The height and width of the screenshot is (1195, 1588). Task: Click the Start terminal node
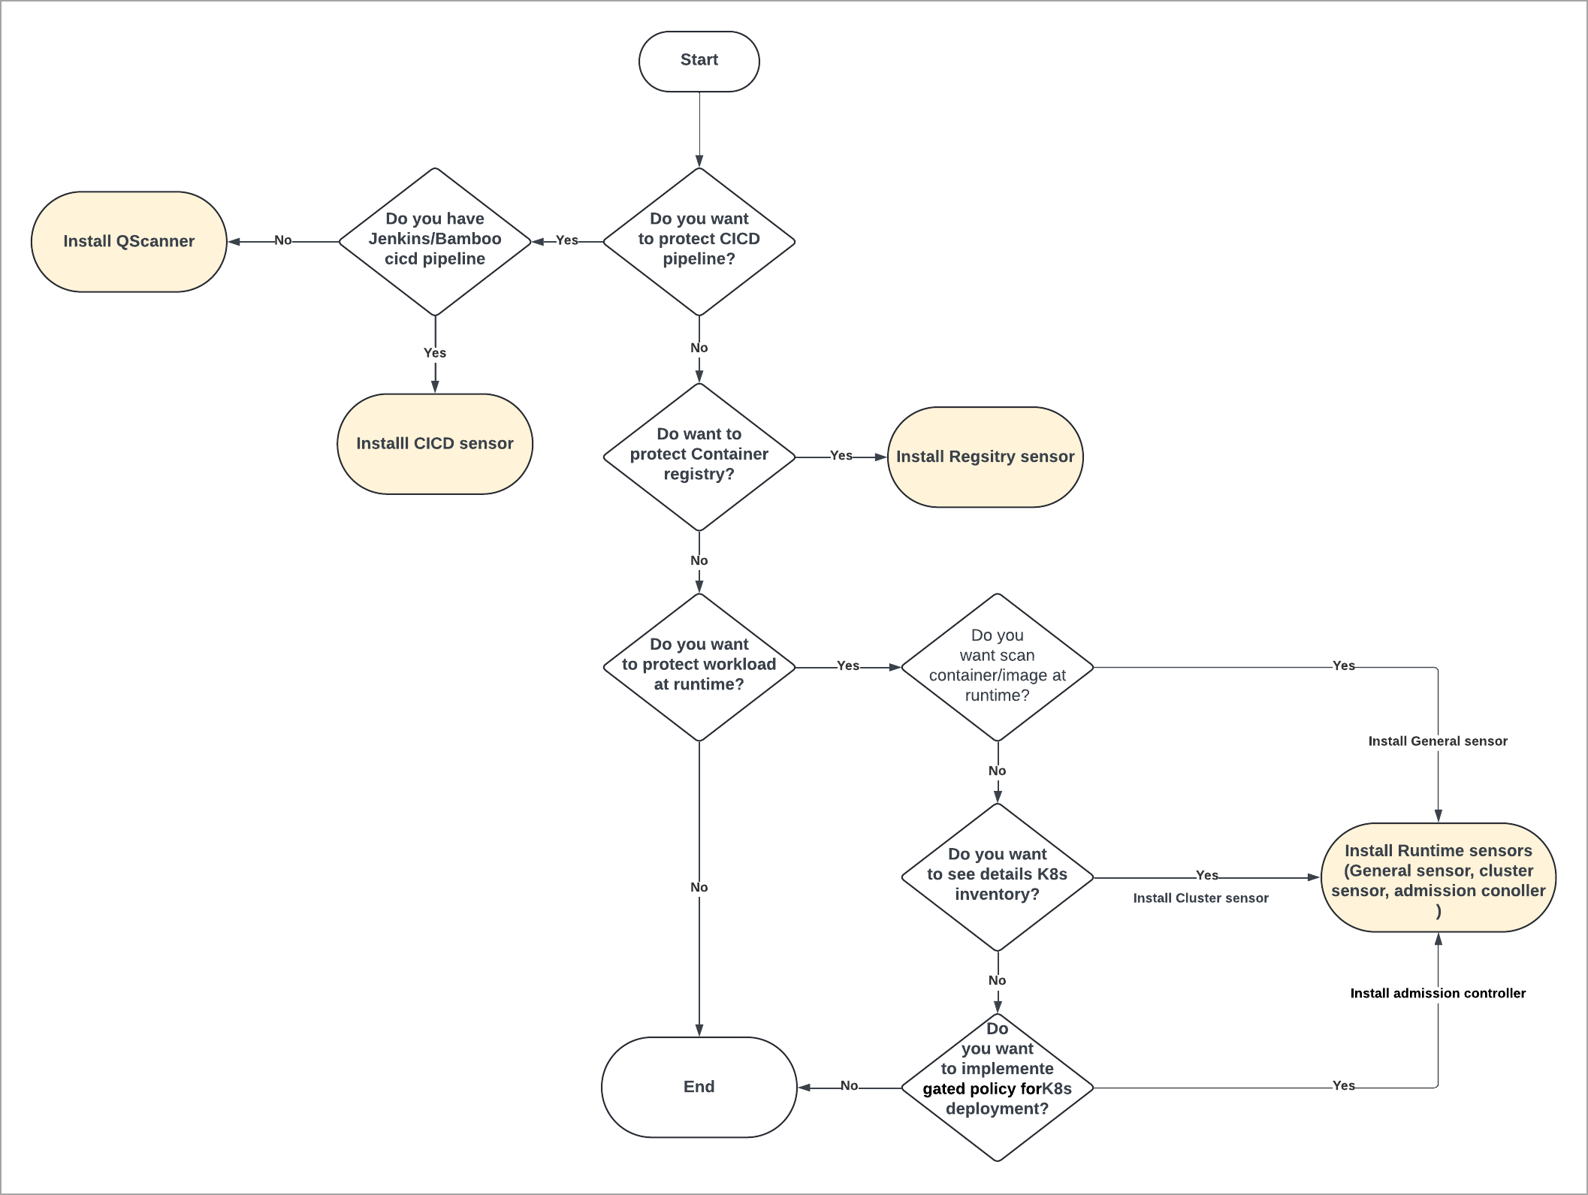pyautogui.click(x=699, y=61)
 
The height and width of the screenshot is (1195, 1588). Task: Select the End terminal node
pyautogui.click(x=699, y=1087)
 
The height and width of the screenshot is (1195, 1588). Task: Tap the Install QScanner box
pyautogui.click(x=128, y=241)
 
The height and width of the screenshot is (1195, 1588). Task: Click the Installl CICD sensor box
pyautogui.click(x=435, y=444)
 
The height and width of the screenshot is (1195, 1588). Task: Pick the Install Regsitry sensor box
pyautogui.click(x=985, y=457)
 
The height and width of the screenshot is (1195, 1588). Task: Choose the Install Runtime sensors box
pyautogui.click(x=1438, y=877)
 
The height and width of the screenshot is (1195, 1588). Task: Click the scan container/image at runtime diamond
pyautogui.click(x=997, y=666)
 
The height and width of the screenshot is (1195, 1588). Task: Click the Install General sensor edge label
pyautogui.click(x=1437, y=741)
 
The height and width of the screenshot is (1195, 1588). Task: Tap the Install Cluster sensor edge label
pyautogui.click(x=1200, y=898)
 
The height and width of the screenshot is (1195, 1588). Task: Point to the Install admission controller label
pyautogui.click(x=1437, y=993)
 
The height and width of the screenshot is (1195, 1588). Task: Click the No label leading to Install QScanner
pyautogui.click(x=282, y=240)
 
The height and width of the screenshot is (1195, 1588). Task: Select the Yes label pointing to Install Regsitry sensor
pyautogui.click(x=841, y=456)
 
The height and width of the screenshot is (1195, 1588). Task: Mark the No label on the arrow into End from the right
pyautogui.click(x=849, y=1085)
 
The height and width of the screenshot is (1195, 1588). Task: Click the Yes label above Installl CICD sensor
pyautogui.click(x=435, y=353)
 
